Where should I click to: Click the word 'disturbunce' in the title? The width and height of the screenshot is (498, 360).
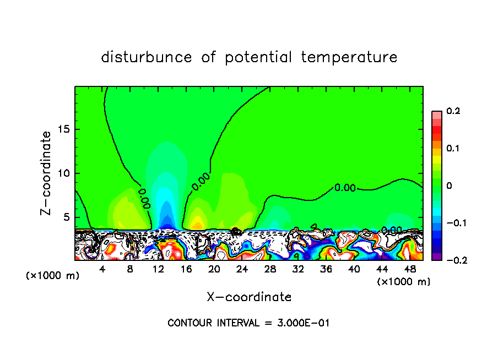point(147,57)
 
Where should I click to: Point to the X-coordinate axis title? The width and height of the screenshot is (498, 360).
point(249,297)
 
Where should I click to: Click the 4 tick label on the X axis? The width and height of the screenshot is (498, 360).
point(102,270)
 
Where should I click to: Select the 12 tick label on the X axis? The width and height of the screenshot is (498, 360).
point(158,270)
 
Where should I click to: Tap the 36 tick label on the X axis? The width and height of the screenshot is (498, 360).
point(326,270)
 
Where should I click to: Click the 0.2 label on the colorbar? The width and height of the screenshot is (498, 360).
point(453,111)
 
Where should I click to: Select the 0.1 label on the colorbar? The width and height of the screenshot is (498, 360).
point(453,149)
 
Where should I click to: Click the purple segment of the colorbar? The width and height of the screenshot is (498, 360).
point(437,256)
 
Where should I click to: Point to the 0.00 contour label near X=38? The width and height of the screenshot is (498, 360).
point(345,188)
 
